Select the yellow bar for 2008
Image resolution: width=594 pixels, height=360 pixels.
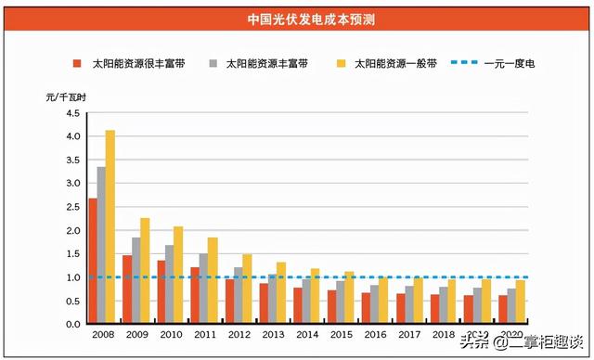[x=110, y=227]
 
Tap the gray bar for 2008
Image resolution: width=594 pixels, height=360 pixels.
[x=101, y=246]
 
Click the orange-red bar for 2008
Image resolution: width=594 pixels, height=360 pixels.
[x=92, y=261]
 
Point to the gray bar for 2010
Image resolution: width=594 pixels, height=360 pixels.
[x=170, y=284]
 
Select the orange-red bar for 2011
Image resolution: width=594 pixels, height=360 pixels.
[x=195, y=296]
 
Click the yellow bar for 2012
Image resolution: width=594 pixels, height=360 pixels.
[x=247, y=289]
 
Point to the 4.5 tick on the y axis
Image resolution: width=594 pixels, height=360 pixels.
[x=72, y=113]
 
